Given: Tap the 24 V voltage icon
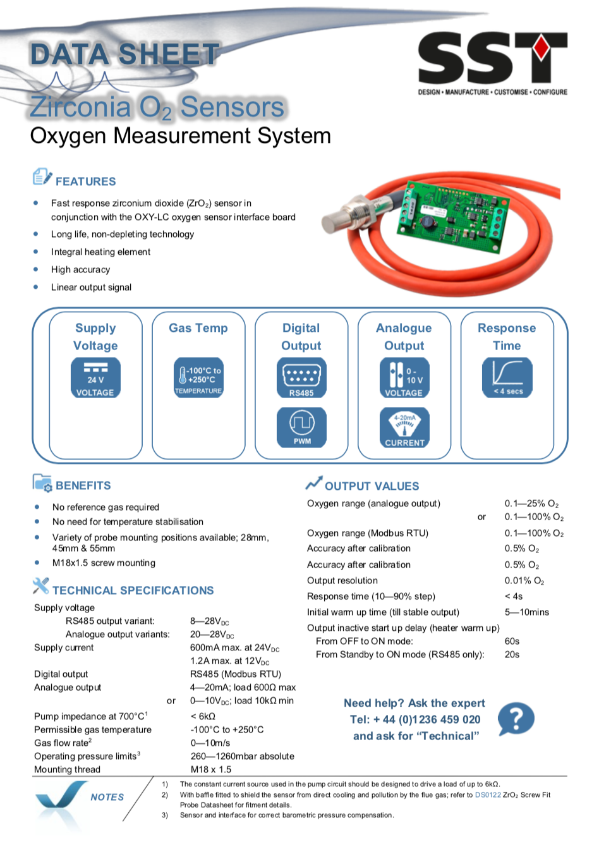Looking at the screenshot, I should (x=95, y=378).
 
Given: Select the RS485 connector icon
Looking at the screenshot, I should (x=301, y=378).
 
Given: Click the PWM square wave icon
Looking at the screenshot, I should (x=301, y=427).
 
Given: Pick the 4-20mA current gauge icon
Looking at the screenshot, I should (x=404, y=427).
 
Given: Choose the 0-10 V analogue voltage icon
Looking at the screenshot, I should (x=404, y=378).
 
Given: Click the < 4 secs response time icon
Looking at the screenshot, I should (x=507, y=377).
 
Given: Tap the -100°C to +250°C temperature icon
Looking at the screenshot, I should (x=198, y=377).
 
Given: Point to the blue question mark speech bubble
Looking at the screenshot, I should (x=516, y=719).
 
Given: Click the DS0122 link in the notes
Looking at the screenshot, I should (x=488, y=794).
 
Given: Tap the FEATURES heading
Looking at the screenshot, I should (x=85, y=181).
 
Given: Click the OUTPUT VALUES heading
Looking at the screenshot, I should (x=372, y=486).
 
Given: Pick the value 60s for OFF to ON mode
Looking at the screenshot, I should (x=512, y=641).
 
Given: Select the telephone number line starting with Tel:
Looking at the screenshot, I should (x=415, y=719).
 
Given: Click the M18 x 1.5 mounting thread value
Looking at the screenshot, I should (x=211, y=769).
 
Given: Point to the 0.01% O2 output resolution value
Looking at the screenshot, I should (x=524, y=581).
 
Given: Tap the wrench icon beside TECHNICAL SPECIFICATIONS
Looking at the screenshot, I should (x=40, y=586).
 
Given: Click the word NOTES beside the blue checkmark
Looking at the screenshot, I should (x=107, y=797).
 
